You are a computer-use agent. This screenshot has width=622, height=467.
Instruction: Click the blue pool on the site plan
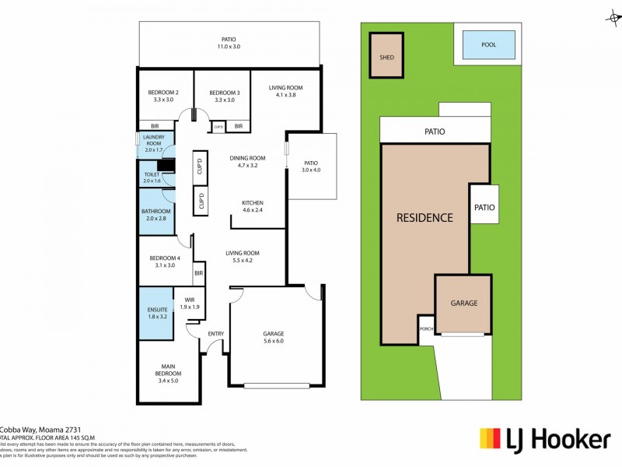click(x=488, y=45)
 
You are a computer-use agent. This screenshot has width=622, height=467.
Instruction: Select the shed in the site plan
click(x=386, y=56)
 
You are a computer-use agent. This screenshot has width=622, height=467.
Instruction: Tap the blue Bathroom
click(x=155, y=215)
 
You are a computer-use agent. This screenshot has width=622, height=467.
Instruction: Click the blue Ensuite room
click(x=157, y=313)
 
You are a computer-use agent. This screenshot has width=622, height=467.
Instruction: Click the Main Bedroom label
click(x=168, y=367)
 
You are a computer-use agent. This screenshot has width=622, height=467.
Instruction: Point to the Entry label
click(x=215, y=334)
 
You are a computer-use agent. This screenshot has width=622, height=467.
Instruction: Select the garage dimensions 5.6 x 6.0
click(x=274, y=341)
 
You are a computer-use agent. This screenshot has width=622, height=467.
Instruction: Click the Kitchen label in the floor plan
click(x=253, y=202)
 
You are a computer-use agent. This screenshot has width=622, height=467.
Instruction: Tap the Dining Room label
click(x=247, y=158)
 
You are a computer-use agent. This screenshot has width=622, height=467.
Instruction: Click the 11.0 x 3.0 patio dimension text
click(x=228, y=47)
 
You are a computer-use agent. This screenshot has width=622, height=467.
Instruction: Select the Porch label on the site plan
click(x=425, y=328)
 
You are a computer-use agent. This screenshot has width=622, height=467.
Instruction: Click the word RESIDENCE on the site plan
click(x=425, y=218)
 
